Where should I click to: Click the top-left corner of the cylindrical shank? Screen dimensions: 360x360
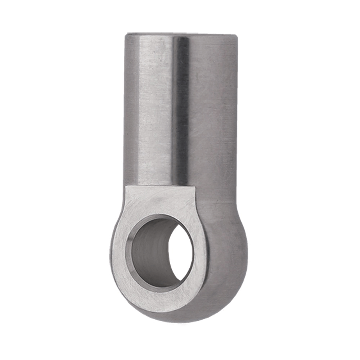tap(126, 35)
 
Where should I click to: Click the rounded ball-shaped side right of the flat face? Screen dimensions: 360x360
tap(227, 252)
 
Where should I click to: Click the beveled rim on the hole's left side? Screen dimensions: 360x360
tap(129, 252)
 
